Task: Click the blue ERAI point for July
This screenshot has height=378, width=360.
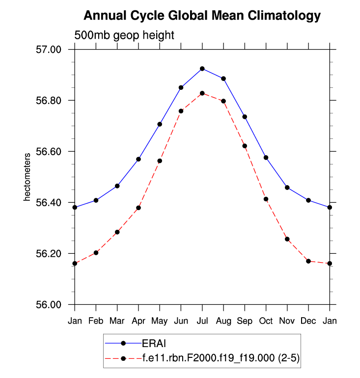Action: pyautogui.click(x=202, y=69)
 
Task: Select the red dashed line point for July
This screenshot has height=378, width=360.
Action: pyautogui.click(x=202, y=93)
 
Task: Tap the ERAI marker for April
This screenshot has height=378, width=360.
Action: pyautogui.click(x=138, y=159)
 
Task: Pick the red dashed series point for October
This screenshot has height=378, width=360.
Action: pyautogui.click(x=266, y=199)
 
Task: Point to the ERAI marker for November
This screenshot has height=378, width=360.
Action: pyautogui.click(x=287, y=188)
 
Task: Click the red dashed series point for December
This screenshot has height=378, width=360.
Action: pyautogui.click(x=308, y=261)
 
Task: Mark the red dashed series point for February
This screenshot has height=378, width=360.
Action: pyautogui.click(x=96, y=253)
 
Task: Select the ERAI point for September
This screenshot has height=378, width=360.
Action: pyautogui.click(x=245, y=117)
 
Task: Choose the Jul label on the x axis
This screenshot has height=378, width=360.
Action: pyautogui.click(x=202, y=321)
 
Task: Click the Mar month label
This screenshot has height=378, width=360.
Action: pyautogui.click(x=117, y=321)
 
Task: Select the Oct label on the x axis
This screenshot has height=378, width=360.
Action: pyautogui.click(x=266, y=321)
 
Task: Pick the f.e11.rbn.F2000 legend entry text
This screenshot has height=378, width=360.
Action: pyautogui.click(x=221, y=359)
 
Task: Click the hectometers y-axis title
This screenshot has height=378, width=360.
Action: pyautogui.click(x=28, y=177)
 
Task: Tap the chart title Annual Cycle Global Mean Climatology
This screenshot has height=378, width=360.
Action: pyautogui.click(x=202, y=16)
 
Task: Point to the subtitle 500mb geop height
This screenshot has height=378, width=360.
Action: pyautogui.click(x=124, y=35)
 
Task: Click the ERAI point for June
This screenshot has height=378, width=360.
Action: pyautogui.click(x=181, y=87)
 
